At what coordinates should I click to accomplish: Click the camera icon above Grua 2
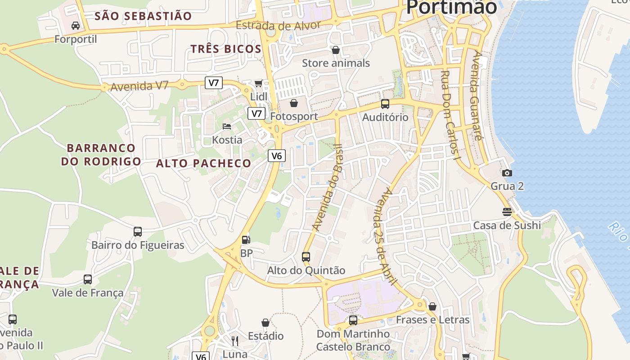click(x=507, y=173)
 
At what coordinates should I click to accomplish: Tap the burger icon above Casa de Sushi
click(x=507, y=212)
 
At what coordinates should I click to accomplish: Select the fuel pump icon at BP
click(x=246, y=240)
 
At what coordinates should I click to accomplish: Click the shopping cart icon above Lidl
click(x=258, y=83)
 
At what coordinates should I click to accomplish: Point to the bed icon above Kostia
click(x=227, y=126)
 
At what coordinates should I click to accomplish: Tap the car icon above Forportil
click(x=76, y=25)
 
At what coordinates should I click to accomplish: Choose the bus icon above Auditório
click(x=385, y=104)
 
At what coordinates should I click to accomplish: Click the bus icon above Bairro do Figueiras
click(x=138, y=232)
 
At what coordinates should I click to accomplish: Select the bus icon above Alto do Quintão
click(x=306, y=257)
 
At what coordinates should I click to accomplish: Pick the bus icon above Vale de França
click(x=88, y=279)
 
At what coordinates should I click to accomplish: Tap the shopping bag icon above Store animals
click(x=335, y=49)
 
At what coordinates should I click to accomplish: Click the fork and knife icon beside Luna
click(x=234, y=341)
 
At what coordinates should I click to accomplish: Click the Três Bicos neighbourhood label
click(x=226, y=49)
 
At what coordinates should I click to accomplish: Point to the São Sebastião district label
click(x=144, y=16)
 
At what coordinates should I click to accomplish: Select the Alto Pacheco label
click(x=203, y=163)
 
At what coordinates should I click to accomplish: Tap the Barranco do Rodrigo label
click(x=101, y=154)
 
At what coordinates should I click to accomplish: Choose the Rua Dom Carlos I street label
click(x=451, y=115)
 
